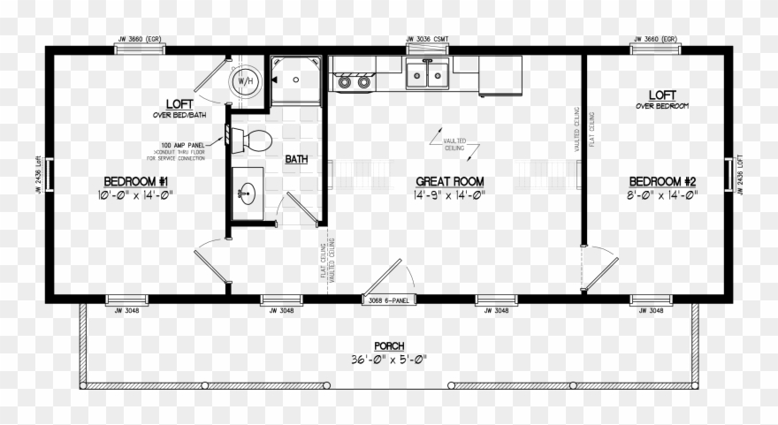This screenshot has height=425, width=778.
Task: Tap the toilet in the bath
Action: click(257, 139)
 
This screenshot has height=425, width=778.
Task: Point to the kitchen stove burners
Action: click(352, 82)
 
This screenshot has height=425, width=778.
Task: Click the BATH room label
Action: click(296, 160)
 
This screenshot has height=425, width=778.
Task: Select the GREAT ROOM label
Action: click(450, 182)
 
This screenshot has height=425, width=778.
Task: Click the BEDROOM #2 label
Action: click(662, 182)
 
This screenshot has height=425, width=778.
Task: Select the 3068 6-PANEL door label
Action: click(390, 301)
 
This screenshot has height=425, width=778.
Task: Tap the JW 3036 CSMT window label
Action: click(428, 39)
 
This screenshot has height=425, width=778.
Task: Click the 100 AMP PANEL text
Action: click(179, 144)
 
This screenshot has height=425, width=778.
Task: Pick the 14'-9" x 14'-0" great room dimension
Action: click(450, 195)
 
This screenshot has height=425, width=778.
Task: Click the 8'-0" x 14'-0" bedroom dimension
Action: click(662, 195)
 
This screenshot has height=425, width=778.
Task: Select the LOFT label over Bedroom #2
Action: click(662, 95)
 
